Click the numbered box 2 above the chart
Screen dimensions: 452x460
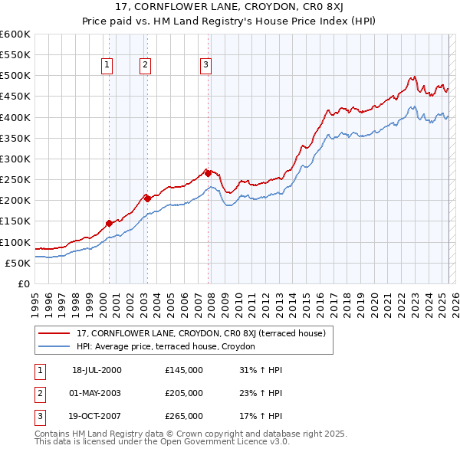[x=144, y=65]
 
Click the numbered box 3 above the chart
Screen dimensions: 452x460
[x=205, y=65]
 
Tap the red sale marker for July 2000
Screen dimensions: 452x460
[x=109, y=223]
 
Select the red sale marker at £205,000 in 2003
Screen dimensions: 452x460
[x=147, y=198]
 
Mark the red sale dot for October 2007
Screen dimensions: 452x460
[x=208, y=173]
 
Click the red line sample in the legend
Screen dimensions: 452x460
[x=54, y=333]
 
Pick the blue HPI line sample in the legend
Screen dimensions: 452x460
[x=54, y=346]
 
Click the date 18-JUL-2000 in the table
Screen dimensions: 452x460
[x=97, y=369]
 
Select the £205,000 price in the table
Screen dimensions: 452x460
[x=183, y=393]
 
